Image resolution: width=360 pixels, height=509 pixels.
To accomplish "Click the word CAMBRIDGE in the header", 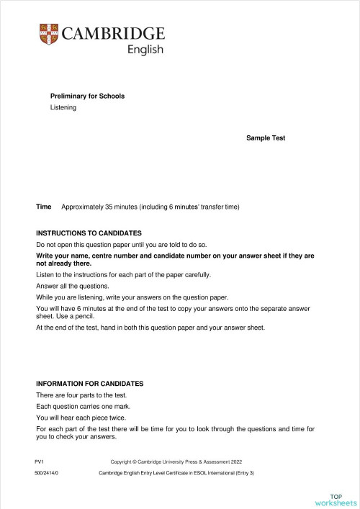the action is click(x=113, y=34).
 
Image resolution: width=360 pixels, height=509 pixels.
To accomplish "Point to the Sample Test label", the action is click(x=266, y=138).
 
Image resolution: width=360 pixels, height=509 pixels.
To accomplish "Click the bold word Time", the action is click(x=44, y=207).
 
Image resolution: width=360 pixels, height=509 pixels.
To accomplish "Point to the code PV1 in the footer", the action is click(x=39, y=460).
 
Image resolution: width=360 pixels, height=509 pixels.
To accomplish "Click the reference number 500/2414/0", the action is click(x=47, y=473).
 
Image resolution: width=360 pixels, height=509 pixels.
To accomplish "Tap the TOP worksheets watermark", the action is click(x=336, y=500).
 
